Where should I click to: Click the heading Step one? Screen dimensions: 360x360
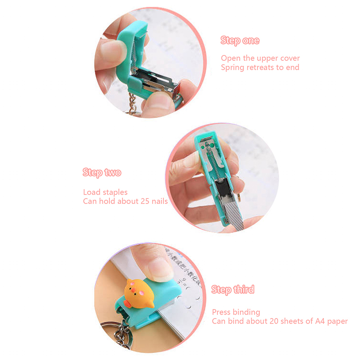(240, 40)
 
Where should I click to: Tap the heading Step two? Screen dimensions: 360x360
(102, 172)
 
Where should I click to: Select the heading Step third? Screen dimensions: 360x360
(233, 289)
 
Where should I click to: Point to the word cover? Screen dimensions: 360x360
(290, 58)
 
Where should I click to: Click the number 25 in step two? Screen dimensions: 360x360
(145, 201)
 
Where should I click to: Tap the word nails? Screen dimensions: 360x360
(160, 201)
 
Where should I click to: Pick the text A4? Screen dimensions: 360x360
(320, 321)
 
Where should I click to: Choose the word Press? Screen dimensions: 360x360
(221, 312)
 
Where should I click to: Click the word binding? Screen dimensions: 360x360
(246, 312)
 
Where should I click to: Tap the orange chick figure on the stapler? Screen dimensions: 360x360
(138, 294)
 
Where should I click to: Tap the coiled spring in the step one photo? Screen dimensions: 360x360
(134, 58)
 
